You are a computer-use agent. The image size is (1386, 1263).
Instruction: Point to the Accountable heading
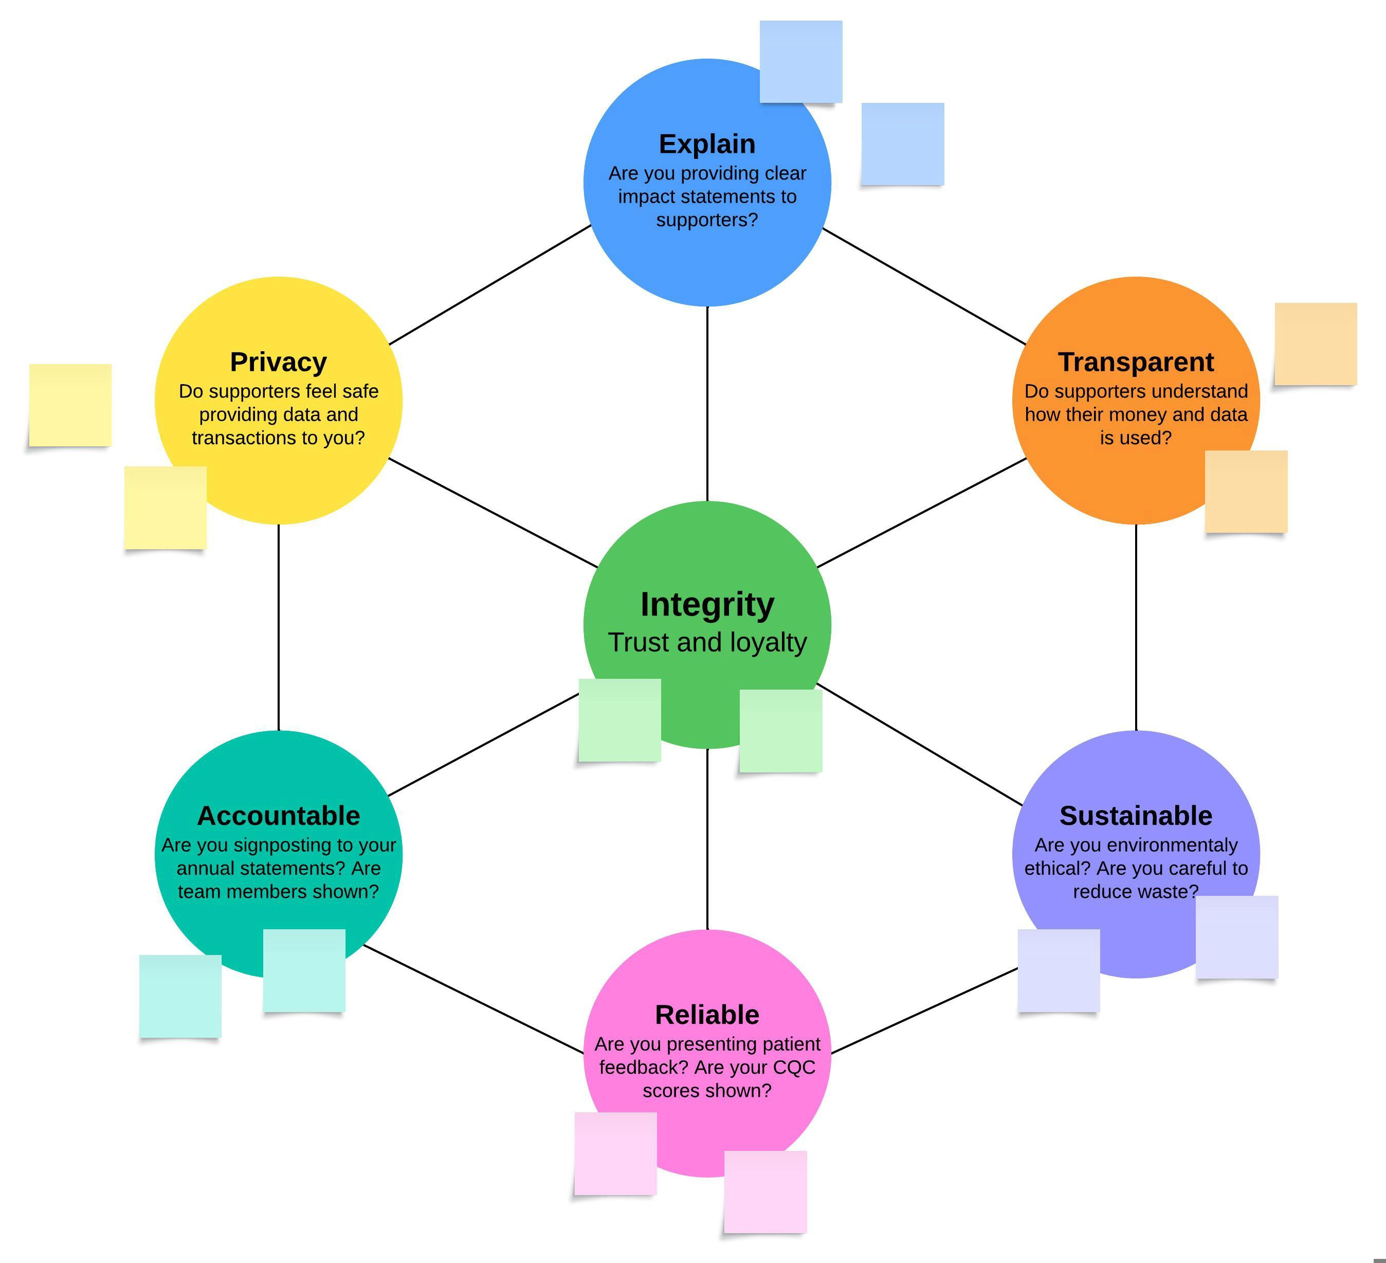[279, 816]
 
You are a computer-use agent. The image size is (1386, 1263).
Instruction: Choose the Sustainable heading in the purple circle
[1136, 816]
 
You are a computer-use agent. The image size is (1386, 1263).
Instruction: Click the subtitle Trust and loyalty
[707, 643]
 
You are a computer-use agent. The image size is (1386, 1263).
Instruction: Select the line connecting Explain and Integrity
[707, 404]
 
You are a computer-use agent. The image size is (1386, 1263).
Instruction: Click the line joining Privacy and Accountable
[279, 627]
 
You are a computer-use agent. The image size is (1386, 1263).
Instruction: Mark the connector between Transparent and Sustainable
[1136, 627]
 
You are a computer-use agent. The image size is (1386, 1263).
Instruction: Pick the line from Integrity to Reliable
[707, 839]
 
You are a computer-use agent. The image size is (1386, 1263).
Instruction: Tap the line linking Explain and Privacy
[489, 285]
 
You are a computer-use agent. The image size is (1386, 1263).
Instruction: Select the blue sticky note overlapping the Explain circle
[801, 62]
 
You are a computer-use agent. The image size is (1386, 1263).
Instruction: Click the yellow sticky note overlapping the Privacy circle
[165, 508]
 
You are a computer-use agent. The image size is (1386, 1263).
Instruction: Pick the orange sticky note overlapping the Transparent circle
[1246, 491]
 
